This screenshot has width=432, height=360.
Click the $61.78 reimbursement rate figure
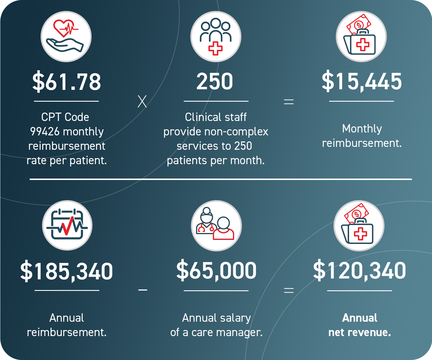click(67, 82)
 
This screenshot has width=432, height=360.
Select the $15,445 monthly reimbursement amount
click(362, 82)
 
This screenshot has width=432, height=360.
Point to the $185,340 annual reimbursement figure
click(67, 271)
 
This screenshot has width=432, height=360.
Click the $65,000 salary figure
click(216, 270)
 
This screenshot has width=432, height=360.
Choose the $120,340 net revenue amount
click(359, 270)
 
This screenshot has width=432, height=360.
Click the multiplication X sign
click(142, 102)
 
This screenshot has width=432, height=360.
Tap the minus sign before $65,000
click(143, 290)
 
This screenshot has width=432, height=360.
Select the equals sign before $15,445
click(289, 102)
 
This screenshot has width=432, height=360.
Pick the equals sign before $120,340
click(289, 290)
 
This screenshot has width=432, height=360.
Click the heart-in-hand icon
click(66, 37)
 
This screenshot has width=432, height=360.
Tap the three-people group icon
click(216, 37)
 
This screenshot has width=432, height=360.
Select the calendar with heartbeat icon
click(67, 225)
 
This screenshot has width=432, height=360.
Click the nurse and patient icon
click(216, 226)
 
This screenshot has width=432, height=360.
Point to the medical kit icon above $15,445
click(361, 37)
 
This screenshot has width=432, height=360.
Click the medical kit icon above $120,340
click(359, 226)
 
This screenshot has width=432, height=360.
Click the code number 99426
click(45, 132)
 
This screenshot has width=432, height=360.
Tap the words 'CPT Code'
click(65, 117)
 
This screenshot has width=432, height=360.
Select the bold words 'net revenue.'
click(360, 332)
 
